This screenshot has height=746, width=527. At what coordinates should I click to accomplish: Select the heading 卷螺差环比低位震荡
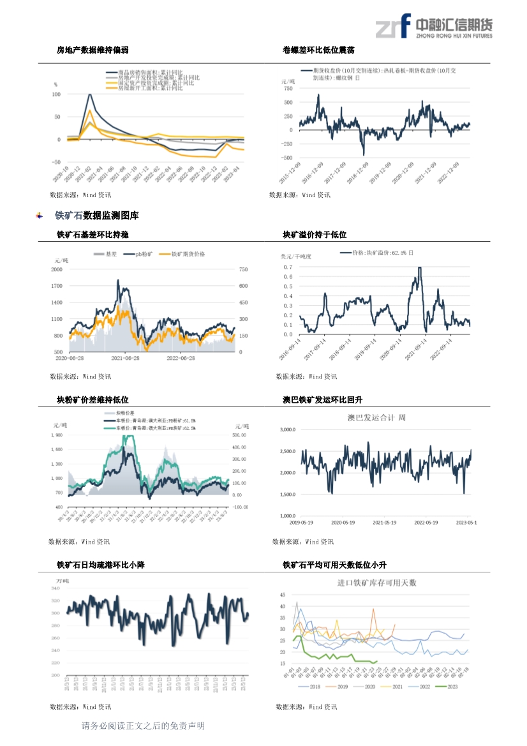pos(318,50)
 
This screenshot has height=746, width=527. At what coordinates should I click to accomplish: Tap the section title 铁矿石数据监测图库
pos(96,216)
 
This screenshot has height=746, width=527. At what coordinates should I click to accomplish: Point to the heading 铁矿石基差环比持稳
pos(93,235)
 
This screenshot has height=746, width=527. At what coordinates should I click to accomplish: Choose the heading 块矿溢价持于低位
pos(315,235)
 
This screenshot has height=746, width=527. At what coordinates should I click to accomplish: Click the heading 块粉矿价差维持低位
pos(93,399)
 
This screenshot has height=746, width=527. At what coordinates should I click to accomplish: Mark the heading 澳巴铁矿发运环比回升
pos(322,399)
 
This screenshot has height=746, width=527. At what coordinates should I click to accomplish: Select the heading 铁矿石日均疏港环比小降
pos(100,565)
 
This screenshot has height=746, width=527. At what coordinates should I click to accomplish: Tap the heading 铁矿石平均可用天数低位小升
pos(334,565)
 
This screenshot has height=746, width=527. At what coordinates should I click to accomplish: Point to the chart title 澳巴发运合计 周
pos(376,418)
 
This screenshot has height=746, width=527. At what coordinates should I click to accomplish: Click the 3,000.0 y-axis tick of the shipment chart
pos(287,429)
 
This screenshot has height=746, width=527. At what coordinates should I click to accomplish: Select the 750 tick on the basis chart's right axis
pos(243,269)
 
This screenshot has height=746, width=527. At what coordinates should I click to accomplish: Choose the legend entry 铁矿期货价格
pos(188,254)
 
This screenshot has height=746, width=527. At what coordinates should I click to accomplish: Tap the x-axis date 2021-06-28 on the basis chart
pos(126,359)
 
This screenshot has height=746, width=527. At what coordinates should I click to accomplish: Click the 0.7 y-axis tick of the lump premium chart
pos(288,267)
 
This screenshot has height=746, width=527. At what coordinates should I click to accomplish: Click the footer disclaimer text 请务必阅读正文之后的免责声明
pos(143,726)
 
